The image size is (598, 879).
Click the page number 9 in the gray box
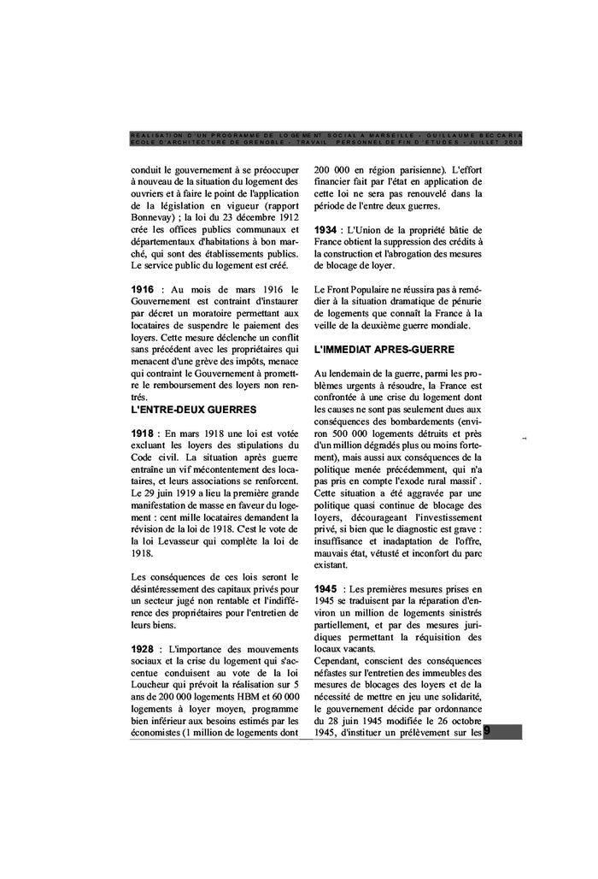(x=487, y=731)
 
